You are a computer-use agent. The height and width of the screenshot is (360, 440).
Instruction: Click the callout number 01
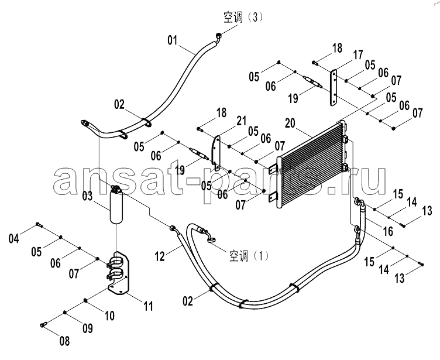(x=173, y=40)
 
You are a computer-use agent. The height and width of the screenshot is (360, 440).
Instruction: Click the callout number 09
(x=87, y=328)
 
